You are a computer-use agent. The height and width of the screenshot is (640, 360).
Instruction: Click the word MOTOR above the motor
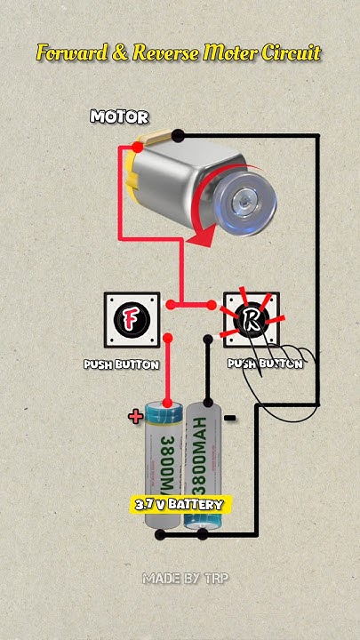(x=120, y=116)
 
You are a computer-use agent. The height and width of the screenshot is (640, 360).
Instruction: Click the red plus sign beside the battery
(x=136, y=416)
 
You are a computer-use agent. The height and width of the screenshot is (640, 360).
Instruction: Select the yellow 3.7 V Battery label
(x=180, y=504)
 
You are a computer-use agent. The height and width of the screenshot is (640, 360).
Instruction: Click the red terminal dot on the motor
(x=136, y=145)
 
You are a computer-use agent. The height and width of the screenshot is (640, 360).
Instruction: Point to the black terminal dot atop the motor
(x=179, y=135)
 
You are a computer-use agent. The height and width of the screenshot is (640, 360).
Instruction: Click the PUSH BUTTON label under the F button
(x=122, y=364)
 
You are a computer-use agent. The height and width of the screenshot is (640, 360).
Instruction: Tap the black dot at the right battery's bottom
(x=203, y=534)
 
